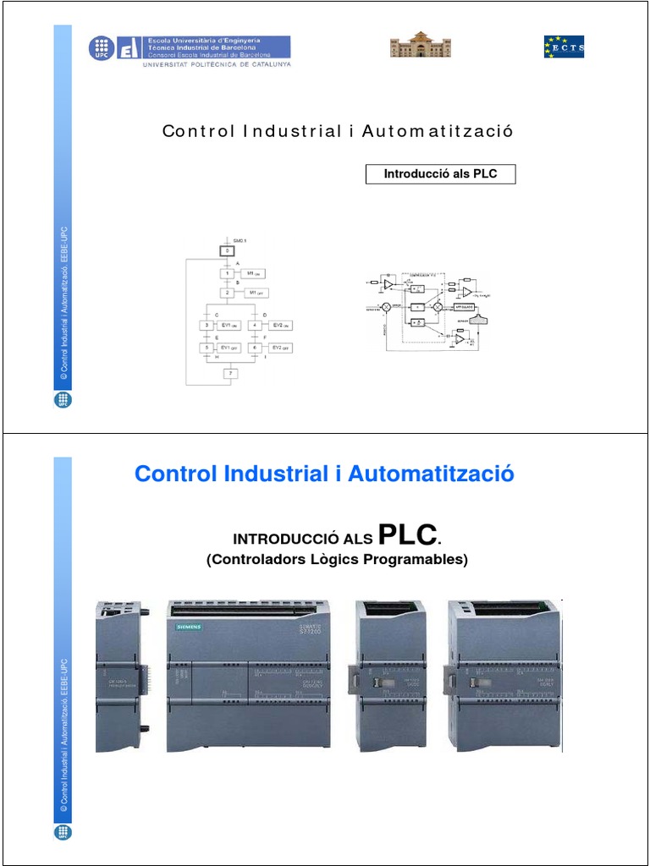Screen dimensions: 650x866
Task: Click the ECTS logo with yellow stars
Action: tap(564, 47)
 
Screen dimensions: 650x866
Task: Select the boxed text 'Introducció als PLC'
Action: tap(440, 174)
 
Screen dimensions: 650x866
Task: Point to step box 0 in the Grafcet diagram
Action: tap(226, 251)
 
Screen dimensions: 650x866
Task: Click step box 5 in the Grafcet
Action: tap(205, 348)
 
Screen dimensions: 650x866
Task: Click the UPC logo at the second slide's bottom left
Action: tap(63, 831)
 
